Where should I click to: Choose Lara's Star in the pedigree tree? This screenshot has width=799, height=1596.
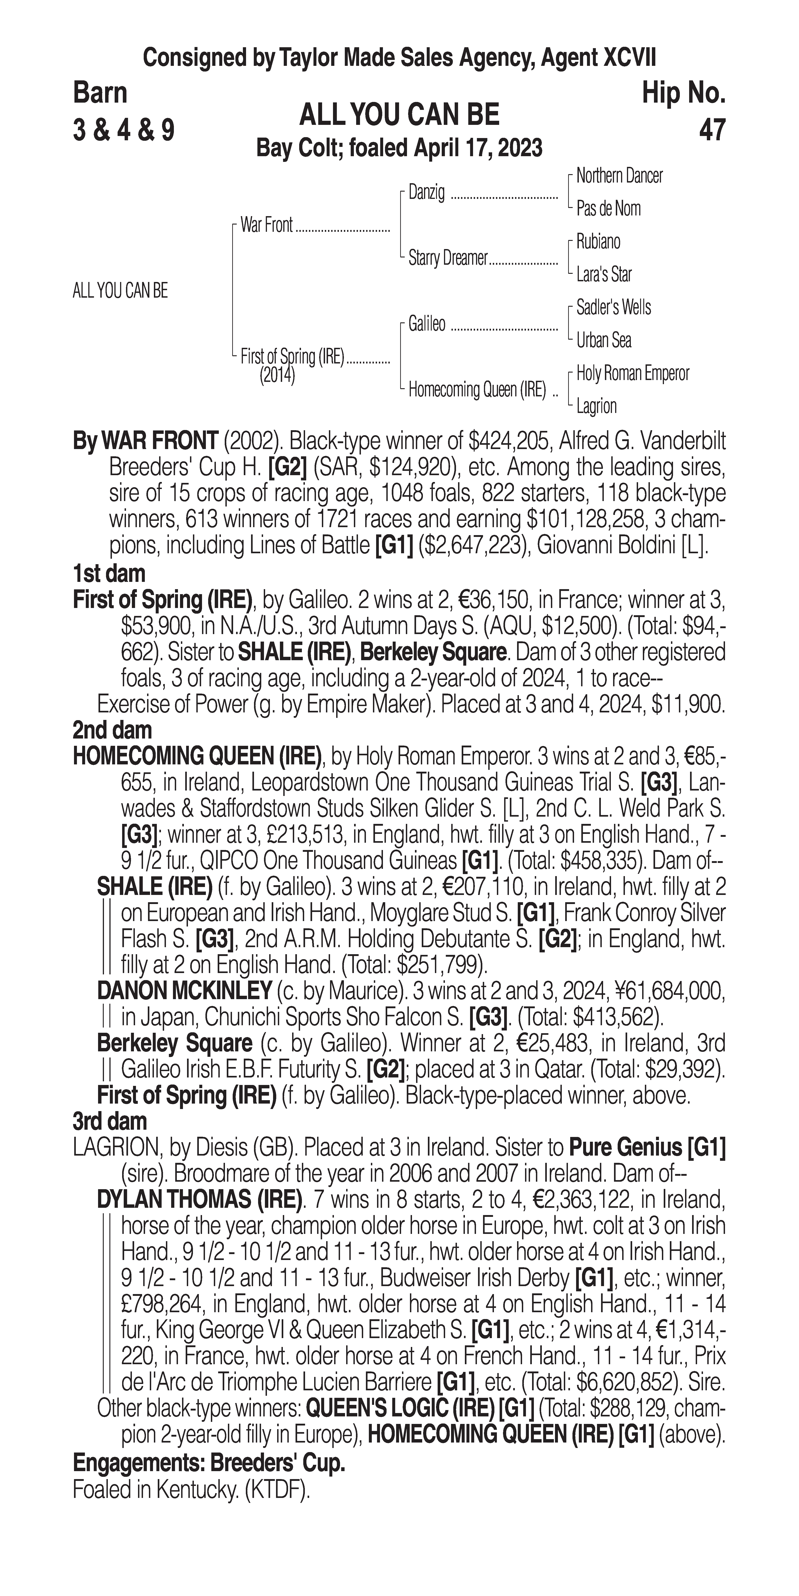[x=604, y=274]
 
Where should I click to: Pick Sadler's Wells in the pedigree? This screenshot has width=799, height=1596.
[x=613, y=307]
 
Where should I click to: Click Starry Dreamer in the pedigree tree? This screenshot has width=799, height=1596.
[x=448, y=258]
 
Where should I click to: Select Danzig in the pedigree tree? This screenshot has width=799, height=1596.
[x=426, y=193]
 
